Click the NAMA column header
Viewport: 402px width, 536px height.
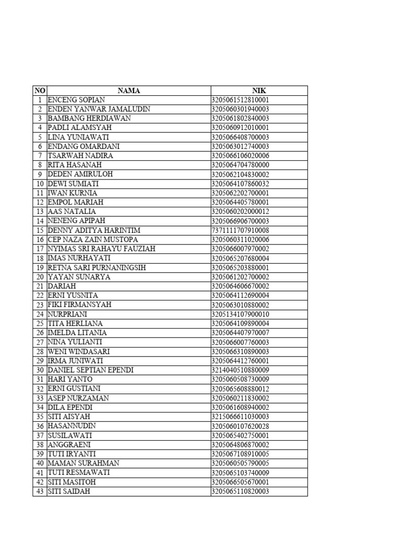[x=129, y=91]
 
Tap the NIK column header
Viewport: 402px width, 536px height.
[x=259, y=91]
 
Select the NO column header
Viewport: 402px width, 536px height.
[x=40, y=91]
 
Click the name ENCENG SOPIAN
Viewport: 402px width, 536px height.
[x=76, y=99]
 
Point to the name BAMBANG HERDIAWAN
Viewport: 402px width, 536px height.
[x=90, y=118]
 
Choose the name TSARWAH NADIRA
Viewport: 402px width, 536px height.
[x=80, y=155]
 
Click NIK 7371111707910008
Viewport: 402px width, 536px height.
[x=240, y=230]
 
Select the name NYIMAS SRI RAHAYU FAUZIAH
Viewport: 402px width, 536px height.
[x=102, y=249]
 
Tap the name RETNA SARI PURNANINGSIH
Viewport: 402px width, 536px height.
[x=97, y=267]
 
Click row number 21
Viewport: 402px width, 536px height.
[x=40, y=286]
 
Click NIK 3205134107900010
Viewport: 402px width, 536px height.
[x=240, y=314]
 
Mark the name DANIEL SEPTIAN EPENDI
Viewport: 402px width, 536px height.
[x=91, y=370]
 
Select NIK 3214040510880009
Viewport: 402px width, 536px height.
[x=240, y=370]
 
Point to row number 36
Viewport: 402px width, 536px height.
[x=40, y=426]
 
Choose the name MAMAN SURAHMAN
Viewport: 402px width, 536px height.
[x=84, y=463]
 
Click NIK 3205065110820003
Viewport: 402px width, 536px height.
[x=240, y=492]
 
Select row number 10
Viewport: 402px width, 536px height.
[x=40, y=184]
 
